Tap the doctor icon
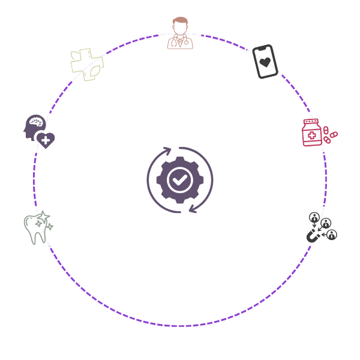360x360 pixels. point(179,34)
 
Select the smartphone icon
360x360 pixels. point(265,61)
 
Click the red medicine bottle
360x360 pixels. point(311,133)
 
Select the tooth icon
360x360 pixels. point(38,228)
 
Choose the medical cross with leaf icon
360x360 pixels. point(87,64)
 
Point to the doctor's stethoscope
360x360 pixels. point(179,42)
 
